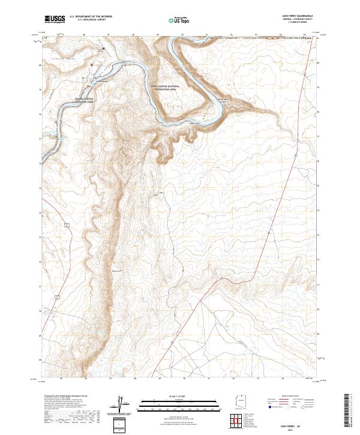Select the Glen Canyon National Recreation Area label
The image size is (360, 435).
pos(165,88)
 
